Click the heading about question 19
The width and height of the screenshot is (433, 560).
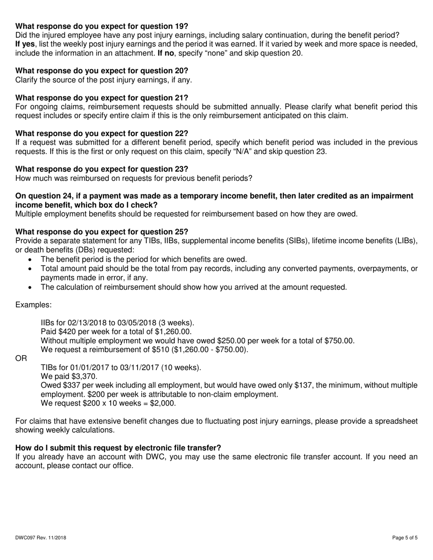click(x=102, y=26)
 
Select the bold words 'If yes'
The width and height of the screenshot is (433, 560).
click(x=25, y=44)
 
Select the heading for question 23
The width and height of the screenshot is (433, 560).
click(x=102, y=169)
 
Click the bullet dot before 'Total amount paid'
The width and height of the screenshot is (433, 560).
click(x=30, y=269)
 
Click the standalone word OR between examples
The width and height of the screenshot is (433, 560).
click(x=21, y=359)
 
